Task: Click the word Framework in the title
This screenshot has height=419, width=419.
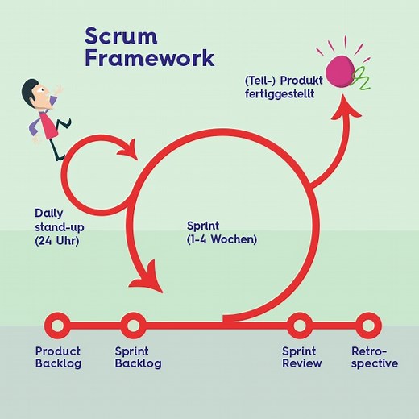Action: [x=150, y=58]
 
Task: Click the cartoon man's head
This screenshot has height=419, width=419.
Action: [x=35, y=89]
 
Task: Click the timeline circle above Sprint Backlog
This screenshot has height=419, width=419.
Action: [x=133, y=326]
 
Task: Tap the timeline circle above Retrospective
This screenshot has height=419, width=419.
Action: [x=367, y=326]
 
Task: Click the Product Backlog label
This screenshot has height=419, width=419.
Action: [x=58, y=357]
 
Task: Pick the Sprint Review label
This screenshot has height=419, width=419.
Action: [x=301, y=357]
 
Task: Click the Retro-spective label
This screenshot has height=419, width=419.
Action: [x=375, y=357]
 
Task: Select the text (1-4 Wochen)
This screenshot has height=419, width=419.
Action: [x=221, y=239]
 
